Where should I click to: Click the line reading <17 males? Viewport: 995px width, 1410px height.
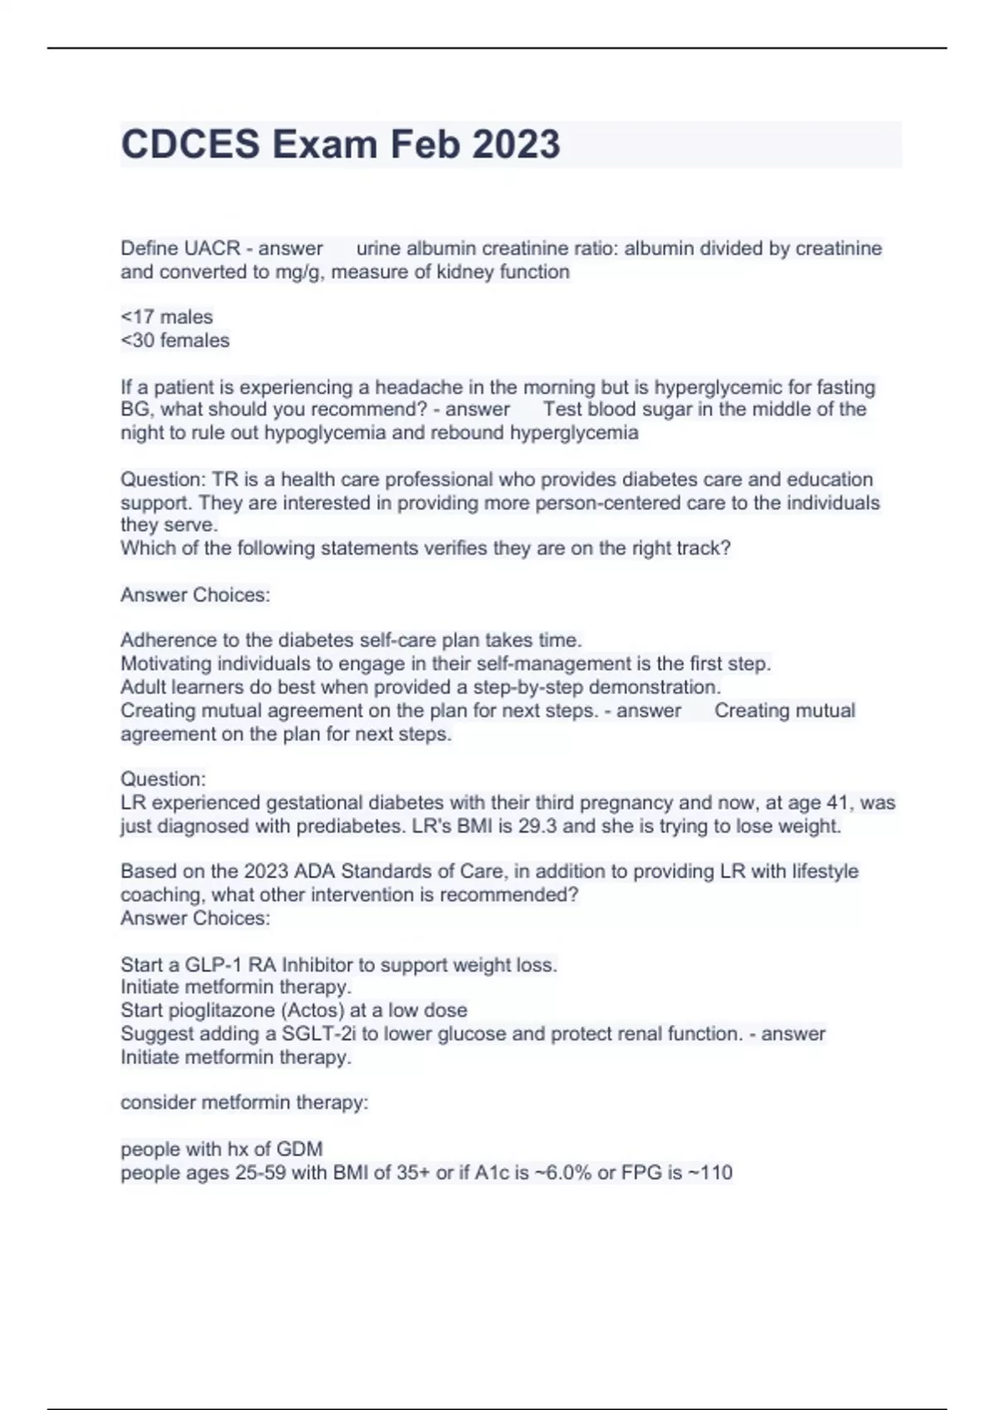click(167, 317)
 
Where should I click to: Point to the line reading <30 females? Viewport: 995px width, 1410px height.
click(175, 340)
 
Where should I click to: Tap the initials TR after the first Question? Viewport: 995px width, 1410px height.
click(224, 479)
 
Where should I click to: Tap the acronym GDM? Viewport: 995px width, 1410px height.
click(300, 1150)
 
